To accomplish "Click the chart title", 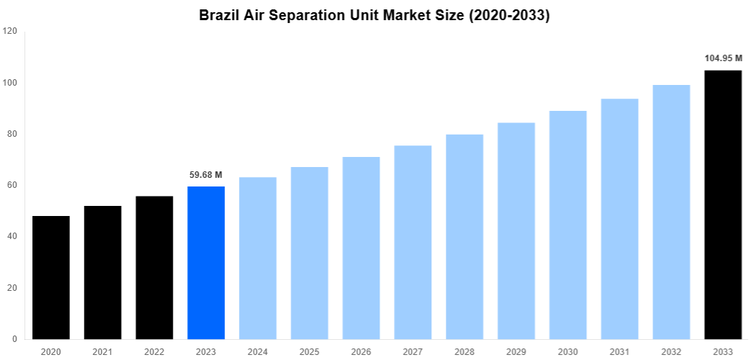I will [374, 15].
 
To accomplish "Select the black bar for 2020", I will [51, 277].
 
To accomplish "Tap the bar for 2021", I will [103, 272].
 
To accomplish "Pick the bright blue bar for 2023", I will [206, 263].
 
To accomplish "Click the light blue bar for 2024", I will [258, 258].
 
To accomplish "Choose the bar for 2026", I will [361, 248].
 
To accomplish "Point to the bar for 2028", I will [465, 237].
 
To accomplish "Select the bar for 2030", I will [568, 225].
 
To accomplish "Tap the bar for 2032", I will [671, 212].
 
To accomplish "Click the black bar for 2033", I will [723, 204].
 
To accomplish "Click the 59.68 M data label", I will [206, 174].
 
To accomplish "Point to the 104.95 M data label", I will [723, 58].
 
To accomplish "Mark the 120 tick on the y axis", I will [10, 31].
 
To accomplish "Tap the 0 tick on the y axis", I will [14, 338].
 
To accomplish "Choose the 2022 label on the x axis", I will [154, 351].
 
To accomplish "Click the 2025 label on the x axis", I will [310, 351].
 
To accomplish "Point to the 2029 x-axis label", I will [516, 351].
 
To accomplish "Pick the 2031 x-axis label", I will [619, 351].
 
